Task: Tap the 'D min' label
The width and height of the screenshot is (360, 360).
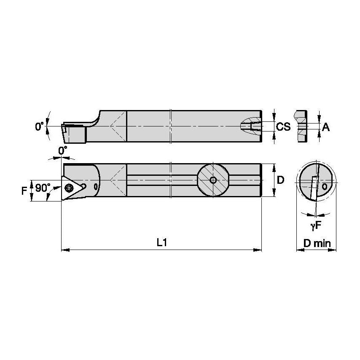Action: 317,243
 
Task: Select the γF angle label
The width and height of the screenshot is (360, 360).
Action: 316,226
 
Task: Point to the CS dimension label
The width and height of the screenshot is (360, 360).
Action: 283,126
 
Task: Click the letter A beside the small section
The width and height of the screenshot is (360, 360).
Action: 325,126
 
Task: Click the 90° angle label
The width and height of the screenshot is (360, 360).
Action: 42,188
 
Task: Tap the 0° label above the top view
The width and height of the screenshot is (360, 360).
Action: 62,150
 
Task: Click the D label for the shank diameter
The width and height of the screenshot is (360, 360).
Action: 281,180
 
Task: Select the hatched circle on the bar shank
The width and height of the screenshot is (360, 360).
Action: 213,180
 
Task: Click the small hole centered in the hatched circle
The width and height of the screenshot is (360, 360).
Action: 213,180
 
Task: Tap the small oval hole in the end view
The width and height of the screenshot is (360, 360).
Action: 324,186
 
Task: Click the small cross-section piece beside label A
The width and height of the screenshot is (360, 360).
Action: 302,126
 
